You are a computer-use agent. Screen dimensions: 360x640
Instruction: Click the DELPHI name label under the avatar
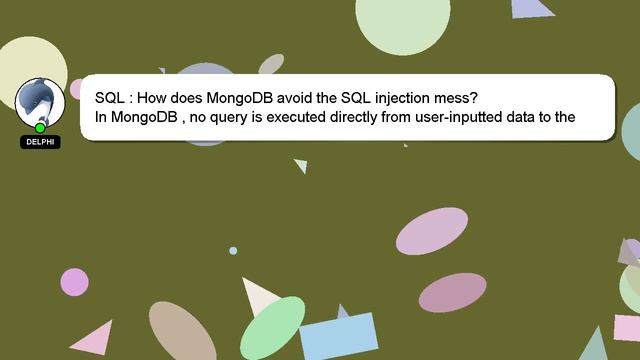click(40, 142)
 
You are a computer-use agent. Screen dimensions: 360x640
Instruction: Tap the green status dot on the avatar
click(40, 127)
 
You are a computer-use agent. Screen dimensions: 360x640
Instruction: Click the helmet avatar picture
click(39, 101)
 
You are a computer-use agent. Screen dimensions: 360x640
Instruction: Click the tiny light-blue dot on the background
click(233, 250)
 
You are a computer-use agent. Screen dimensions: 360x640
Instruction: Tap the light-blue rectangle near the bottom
click(338, 336)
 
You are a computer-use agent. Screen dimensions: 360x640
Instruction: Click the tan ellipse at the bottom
click(182, 332)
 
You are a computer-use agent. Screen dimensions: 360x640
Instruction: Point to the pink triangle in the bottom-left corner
click(94, 339)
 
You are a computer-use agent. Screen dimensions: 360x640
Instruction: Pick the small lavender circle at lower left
click(74, 282)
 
